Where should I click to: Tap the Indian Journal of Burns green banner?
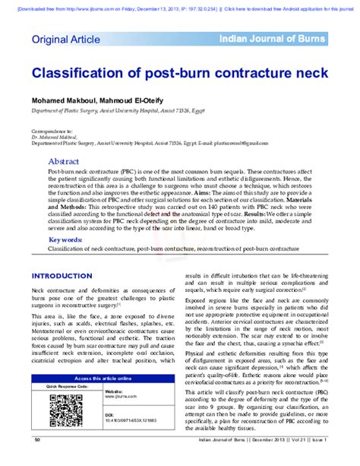(271, 39)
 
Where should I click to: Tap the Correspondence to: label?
(50, 131)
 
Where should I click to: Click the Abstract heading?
(64, 162)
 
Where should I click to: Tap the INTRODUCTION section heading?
(62, 276)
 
